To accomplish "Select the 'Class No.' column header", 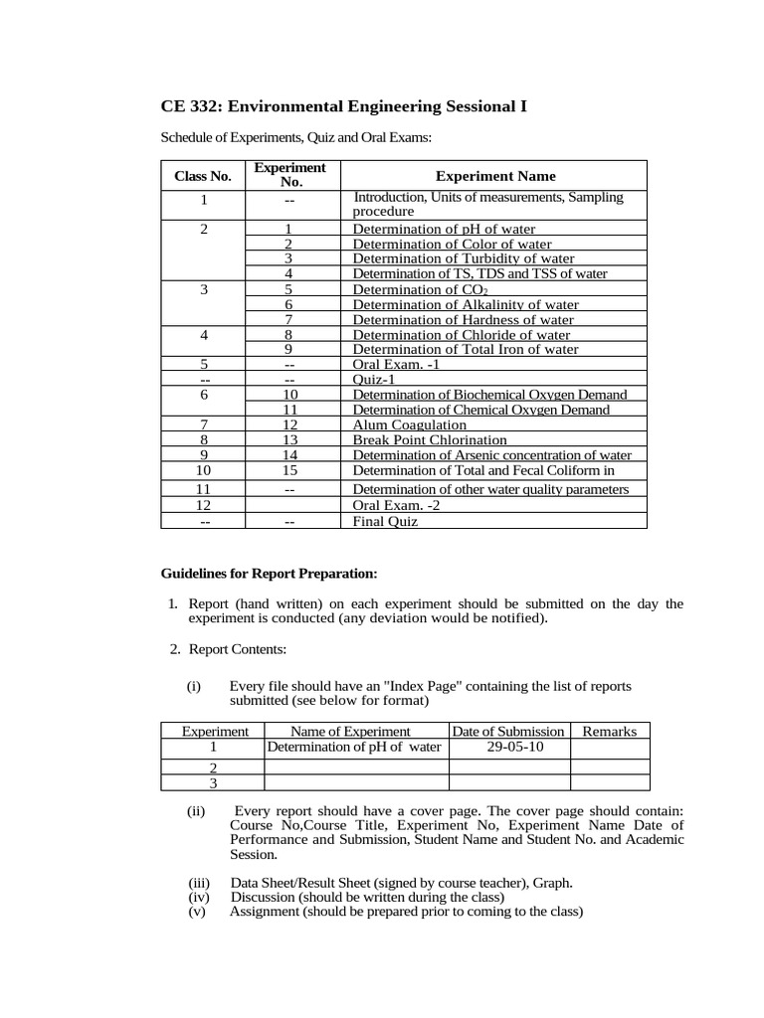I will [x=202, y=176].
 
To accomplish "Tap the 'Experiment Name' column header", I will [x=494, y=176].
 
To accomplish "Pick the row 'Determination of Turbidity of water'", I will [x=464, y=258].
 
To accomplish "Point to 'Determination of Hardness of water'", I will [x=464, y=319].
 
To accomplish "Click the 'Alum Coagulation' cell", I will [x=410, y=424].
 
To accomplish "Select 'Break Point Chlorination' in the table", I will [x=430, y=439].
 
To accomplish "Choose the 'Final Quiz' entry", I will [x=386, y=521].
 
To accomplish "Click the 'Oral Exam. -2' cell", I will [x=395, y=505].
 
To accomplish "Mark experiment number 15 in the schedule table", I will [x=289, y=470].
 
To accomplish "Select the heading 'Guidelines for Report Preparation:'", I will [x=270, y=574].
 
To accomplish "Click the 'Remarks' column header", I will [x=609, y=731].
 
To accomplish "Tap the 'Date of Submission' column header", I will [x=508, y=731].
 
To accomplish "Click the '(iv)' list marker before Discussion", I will [x=196, y=897].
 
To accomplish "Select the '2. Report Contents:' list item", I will [x=228, y=649].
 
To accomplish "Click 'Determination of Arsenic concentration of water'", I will [x=492, y=455].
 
